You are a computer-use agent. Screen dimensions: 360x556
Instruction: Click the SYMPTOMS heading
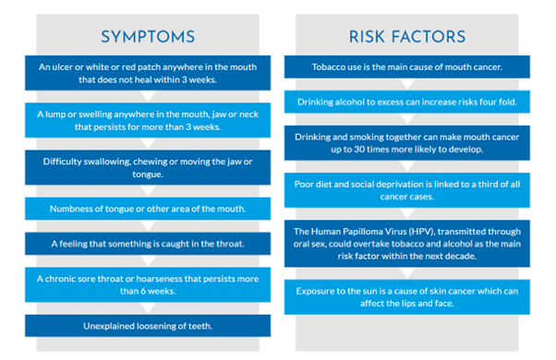(x=148, y=37)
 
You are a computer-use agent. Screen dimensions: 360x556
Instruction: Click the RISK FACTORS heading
(x=406, y=37)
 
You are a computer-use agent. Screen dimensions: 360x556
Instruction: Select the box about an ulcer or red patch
(x=148, y=73)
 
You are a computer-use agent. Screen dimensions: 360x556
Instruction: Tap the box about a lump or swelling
(x=148, y=120)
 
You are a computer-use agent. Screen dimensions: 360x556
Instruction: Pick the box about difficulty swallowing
(x=148, y=167)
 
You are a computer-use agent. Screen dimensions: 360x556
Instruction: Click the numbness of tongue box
(x=148, y=209)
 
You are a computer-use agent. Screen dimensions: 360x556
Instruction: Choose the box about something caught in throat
(x=148, y=244)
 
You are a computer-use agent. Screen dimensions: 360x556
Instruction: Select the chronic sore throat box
(x=148, y=284)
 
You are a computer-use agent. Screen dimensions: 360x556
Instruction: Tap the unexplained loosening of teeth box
(x=148, y=325)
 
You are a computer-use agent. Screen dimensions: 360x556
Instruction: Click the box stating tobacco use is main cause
(x=406, y=66)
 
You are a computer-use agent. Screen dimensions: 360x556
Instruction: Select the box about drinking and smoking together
(x=406, y=142)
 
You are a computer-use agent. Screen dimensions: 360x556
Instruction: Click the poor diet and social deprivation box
(x=406, y=189)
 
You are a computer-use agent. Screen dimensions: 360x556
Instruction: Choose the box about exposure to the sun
(x=406, y=296)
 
